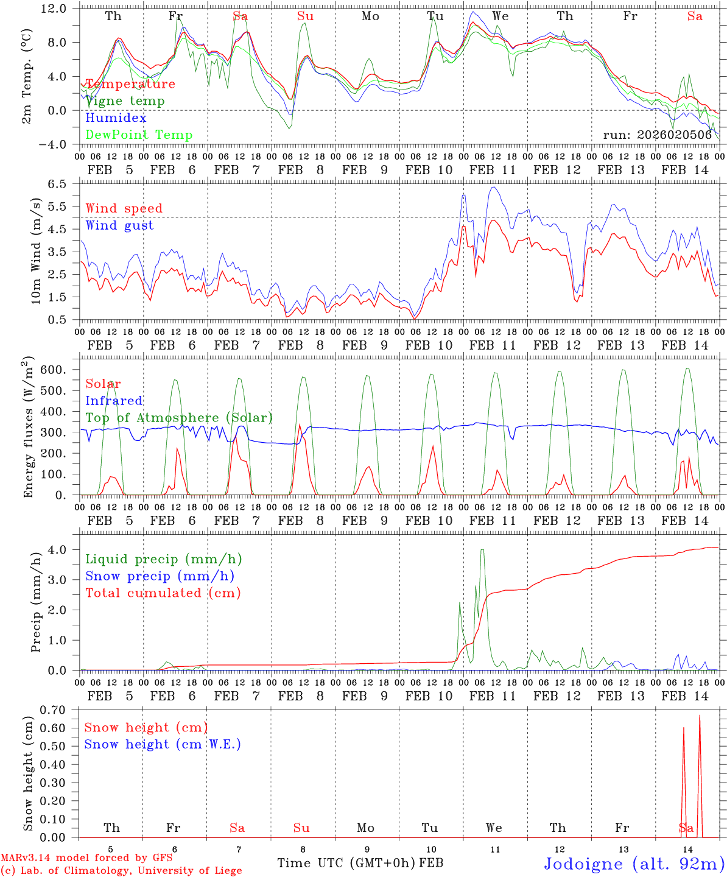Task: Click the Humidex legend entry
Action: (116, 118)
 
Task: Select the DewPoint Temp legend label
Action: (139, 135)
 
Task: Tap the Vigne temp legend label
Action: (125, 101)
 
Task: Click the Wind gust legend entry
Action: (119, 225)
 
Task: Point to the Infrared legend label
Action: (114, 401)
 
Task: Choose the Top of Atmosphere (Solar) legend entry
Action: (178, 418)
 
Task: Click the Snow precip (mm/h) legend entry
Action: (160, 576)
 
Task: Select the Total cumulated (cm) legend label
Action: (163, 593)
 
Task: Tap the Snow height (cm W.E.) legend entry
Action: (162, 744)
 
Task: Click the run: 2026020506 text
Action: (657, 135)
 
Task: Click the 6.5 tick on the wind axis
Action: (63, 184)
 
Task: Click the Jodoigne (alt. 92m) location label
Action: (633, 864)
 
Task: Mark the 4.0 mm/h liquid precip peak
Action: (482, 550)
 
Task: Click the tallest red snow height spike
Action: (700, 716)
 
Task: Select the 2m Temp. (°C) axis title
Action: (27, 77)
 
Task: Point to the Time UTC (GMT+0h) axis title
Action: (346, 863)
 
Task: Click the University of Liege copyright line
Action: (121, 871)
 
